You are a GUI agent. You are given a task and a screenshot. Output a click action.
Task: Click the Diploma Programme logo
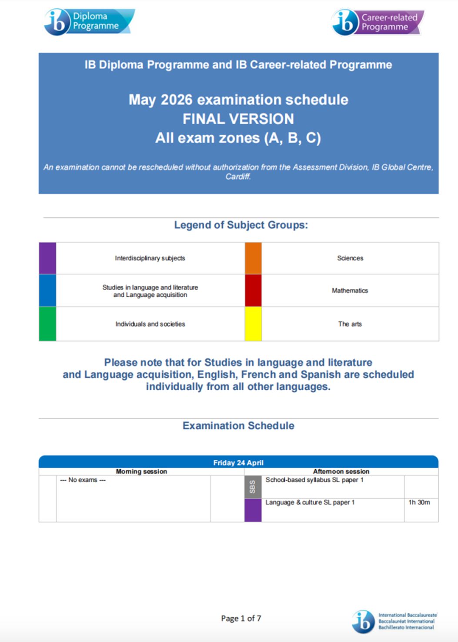[89, 21]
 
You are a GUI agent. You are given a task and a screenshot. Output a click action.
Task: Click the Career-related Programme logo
[377, 22]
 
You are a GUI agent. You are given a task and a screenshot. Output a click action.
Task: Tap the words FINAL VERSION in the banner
[238, 119]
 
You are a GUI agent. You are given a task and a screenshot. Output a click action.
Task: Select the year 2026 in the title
[176, 100]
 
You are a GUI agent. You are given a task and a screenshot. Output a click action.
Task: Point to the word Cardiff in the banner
[237, 177]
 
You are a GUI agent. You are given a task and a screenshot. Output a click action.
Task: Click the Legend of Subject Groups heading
[241, 225]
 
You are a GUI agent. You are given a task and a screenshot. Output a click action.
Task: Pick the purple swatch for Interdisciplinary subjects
[47, 258]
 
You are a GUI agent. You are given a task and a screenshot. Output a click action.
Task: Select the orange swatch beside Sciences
[253, 258]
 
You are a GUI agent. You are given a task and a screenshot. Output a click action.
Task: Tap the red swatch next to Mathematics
[253, 291]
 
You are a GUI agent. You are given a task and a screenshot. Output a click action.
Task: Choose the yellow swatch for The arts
[253, 324]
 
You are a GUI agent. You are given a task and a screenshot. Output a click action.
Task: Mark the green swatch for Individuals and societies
[47, 324]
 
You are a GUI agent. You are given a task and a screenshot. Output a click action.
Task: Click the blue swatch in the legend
[47, 291]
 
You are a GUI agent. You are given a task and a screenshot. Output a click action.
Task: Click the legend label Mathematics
[350, 291]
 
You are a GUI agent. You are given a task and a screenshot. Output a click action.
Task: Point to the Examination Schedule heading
[238, 425]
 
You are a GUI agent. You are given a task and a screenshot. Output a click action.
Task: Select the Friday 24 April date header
[238, 462]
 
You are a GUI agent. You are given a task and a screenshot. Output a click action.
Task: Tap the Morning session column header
[141, 471]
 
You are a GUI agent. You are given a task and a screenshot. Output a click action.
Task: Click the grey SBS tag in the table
[253, 487]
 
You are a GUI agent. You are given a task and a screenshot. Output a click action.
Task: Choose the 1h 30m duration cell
[419, 502]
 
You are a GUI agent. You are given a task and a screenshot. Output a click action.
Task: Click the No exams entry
[83, 480]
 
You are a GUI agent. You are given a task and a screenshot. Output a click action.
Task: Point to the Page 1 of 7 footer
[241, 618]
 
